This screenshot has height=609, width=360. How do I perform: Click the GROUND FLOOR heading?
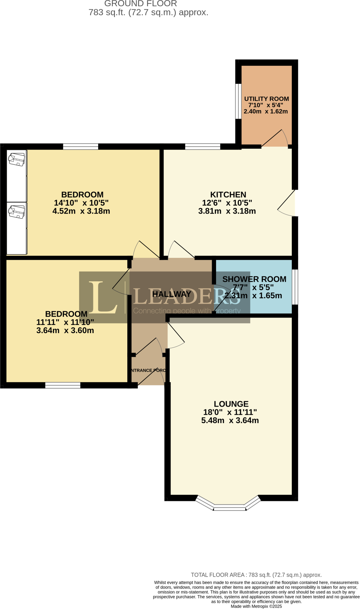point(140,4)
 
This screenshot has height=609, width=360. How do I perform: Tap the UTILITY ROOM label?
point(266,99)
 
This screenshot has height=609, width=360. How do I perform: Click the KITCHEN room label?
point(228,194)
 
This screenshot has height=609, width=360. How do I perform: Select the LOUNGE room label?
point(231,404)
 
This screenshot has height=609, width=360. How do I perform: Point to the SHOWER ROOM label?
point(254,279)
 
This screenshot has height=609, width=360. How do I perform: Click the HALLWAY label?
point(172,294)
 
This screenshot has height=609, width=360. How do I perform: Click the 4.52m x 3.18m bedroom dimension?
point(81,211)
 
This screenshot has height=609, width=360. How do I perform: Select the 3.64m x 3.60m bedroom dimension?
point(65,330)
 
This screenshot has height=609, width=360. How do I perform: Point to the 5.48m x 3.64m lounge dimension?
point(230,420)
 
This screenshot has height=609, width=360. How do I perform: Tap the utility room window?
point(238,101)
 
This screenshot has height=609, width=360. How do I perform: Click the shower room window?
point(295,287)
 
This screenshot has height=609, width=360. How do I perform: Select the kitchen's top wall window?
point(203,146)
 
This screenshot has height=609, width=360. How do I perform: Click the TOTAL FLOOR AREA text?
point(256,575)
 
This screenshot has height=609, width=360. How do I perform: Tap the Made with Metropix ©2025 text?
point(256,606)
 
